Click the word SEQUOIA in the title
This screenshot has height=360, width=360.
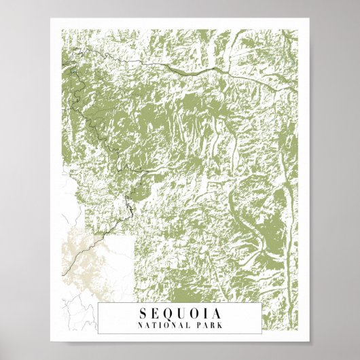pyautogui.click(x=179, y=314)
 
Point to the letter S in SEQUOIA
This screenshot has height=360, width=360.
pyautogui.click(x=143, y=314)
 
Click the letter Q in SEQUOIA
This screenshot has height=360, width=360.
pyautogui.click(x=167, y=314)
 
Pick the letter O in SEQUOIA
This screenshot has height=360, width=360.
pyautogui.click(x=193, y=314)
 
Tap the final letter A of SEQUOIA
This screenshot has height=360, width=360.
pyautogui.click(x=216, y=314)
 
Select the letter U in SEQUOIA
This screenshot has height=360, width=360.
pyautogui.click(x=180, y=314)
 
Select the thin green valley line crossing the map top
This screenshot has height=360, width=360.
pyautogui.click(x=204, y=71)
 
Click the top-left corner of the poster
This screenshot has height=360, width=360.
pyautogui.click(x=52, y=19)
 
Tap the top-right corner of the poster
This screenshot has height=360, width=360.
pyautogui.click(x=308, y=19)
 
